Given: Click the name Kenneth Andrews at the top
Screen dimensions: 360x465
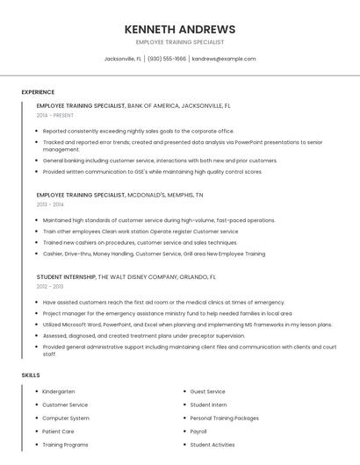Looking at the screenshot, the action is tap(180, 29).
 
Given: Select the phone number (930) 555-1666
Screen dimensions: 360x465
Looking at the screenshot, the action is tap(167, 59).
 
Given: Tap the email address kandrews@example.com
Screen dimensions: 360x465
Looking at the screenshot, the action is tap(224, 59).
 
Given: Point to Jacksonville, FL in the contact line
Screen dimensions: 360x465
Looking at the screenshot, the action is tap(123, 59).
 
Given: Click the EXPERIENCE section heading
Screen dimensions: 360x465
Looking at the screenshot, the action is tap(38, 92).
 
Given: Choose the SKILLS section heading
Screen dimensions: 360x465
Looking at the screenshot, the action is tap(31, 376).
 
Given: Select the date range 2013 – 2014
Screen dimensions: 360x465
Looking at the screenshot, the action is tap(50, 204).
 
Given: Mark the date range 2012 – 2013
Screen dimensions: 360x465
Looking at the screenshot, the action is tap(50, 286).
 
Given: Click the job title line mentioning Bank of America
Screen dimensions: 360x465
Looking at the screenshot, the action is tap(133, 105).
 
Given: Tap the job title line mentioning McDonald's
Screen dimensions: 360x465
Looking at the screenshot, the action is tap(119, 195).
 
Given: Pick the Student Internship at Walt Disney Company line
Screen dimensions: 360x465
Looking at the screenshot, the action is tap(126, 276).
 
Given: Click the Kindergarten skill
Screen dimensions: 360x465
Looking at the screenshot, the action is tap(59, 391).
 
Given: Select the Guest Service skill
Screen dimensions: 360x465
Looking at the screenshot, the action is tap(207, 391).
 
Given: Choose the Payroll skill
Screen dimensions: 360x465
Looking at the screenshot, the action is tap(198, 432).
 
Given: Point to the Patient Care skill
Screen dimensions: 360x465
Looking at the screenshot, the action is tap(58, 432).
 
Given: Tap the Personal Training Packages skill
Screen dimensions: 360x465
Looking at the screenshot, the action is tap(224, 418).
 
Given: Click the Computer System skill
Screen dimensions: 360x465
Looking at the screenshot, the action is tap(65, 418).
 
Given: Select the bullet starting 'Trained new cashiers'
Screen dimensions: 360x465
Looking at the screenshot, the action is tap(127, 242).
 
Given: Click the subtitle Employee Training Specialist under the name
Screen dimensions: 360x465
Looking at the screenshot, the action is tap(180, 42).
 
